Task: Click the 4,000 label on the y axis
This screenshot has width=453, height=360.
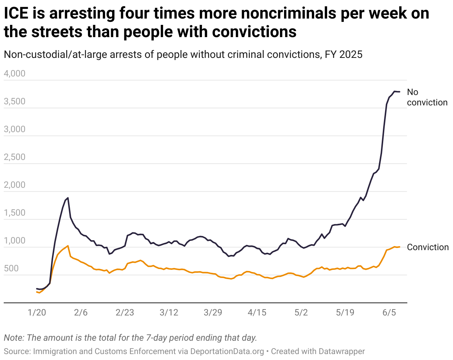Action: pyautogui.click(x=14, y=74)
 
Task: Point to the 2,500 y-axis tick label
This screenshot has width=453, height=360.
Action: pyautogui.click(x=14, y=157)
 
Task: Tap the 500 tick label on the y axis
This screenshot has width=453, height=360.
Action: pyautogui.click(x=11, y=269)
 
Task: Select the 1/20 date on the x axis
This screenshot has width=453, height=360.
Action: pyautogui.click(x=37, y=312)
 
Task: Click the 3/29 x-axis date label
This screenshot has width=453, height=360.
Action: pyautogui.click(x=213, y=312)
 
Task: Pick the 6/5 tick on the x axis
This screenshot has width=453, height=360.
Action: pyautogui.click(x=389, y=312)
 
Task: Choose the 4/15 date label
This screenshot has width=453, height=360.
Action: pyautogui.click(x=257, y=312)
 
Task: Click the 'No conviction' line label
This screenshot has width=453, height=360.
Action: pyautogui.click(x=427, y=97)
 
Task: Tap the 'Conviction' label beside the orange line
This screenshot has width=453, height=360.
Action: pyautogui.click(x=428, y=247)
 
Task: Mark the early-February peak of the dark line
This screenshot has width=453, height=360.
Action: pyautogui.click(x=68, y=198)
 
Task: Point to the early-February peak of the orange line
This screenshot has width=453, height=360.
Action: pyautogui.click(x=68, y=246)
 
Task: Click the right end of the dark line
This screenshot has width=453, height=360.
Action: pyautogui.click(x=399, y=92)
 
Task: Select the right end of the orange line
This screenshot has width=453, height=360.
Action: pyautogui.click(x=399, y=247)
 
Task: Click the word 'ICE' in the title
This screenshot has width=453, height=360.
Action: pyautogui.click(x=16, y=14)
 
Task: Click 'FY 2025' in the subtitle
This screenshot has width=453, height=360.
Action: pyautogui.click(x=343, y=55)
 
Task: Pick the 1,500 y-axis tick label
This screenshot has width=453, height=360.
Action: pyautogui.click(x=14, y=213)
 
